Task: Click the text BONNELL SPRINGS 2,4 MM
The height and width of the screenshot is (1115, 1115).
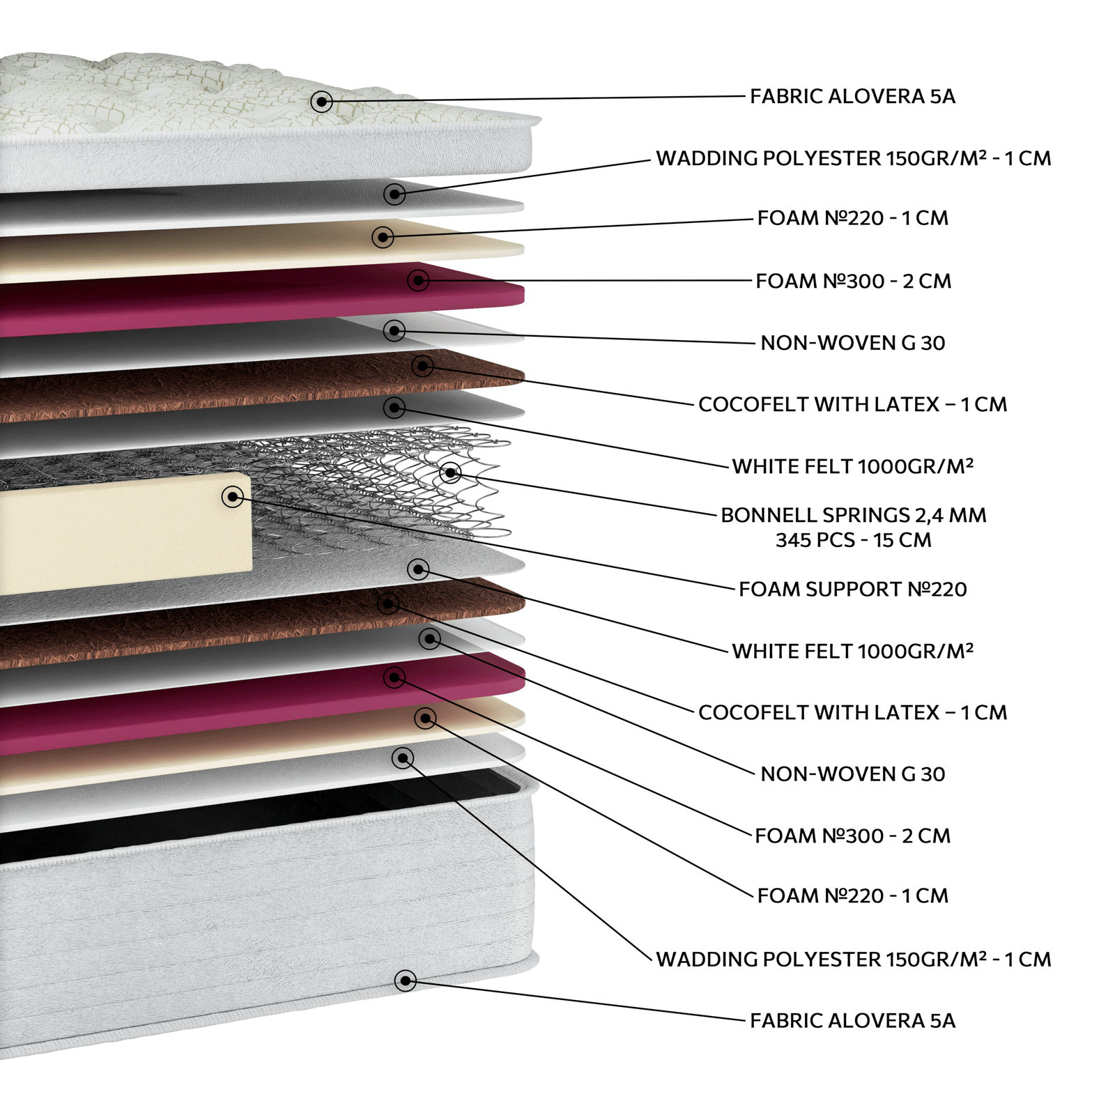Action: pyautogui.click(x=853, y=515)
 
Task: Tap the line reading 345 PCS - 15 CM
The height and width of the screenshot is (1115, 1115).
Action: pyautogui.click(x=853, y=540)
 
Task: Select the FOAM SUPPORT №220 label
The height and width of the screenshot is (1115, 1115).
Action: pyautogui.click(x=852, y=590)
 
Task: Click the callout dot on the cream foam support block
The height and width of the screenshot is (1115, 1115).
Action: pyautogui.click(x=233, y=497)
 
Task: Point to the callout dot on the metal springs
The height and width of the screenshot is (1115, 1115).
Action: pyautogui.click(x=451, y=472)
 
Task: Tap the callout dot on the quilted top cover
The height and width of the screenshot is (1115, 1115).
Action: pyautogui.click(x=321, y=102)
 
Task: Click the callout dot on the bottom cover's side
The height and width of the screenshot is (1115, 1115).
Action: pyautogui.click(x=406, y=981)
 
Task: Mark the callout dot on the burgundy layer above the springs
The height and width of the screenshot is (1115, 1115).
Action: pyautogui.click(x=418, y=280)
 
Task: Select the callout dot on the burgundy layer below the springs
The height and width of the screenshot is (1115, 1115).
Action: pyautogui.click(x=394, y=677)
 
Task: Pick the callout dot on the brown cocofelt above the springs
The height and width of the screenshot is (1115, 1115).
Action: pyautogui.click(x=423, y=365)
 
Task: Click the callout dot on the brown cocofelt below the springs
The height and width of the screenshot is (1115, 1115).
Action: pyautogui.click(x=389, y=603)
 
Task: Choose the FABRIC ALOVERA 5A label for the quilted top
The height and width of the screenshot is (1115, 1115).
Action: pyautogui.click(x=852, y=96)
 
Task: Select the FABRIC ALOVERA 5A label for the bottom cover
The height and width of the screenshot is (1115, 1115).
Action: pyautogui.click(x=852, y=1021)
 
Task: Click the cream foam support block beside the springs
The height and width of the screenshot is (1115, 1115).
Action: pyautogui.click(x=125, y=533)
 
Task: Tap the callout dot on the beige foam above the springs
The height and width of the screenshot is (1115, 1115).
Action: pyautogui.click(x=383, y=237)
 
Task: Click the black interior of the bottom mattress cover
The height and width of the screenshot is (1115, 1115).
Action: pyautogui.click(x=258, y=815)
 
